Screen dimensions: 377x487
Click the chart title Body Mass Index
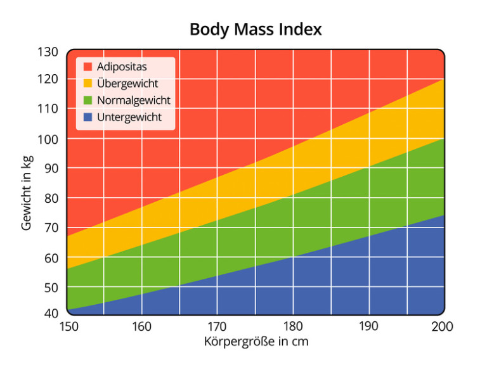[256, 30]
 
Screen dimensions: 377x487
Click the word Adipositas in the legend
[122, 67]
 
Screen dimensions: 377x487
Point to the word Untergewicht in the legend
[129, 117]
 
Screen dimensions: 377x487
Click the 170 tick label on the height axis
[218, 326]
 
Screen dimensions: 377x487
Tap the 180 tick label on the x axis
[292, 326]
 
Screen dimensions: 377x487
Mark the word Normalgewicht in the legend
[134, 100]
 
